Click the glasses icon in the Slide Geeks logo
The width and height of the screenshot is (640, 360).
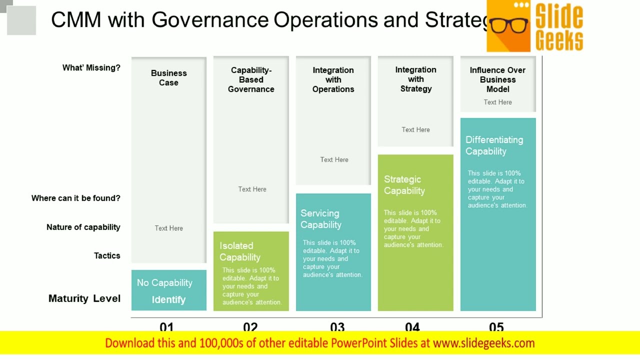point(509,24)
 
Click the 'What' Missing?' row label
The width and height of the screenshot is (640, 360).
point(91,67)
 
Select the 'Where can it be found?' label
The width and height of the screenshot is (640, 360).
point(76,198)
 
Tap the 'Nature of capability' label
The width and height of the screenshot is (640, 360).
point(83,227)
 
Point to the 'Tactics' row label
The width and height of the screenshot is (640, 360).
point(107,255)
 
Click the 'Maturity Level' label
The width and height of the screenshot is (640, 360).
point(84,298)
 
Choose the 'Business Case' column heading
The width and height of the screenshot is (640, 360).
point(168,77)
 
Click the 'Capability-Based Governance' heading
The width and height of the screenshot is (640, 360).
point(251,79)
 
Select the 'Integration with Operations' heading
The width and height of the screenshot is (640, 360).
point(333,79)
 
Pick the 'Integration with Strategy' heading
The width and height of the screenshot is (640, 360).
point(415,79)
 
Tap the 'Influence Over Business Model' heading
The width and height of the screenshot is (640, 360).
point(497,79)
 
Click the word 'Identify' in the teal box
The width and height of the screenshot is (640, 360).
point(168,299)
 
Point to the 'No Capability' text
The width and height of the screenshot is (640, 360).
point(164,282)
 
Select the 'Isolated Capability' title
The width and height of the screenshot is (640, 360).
point(240,251)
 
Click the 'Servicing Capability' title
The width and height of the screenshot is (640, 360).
point(321,219)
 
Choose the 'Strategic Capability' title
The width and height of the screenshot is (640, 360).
point(404,185)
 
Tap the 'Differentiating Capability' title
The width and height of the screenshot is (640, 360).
point(494,145)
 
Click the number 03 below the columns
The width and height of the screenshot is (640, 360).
point(337,327)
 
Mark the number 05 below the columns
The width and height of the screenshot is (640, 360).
point(496,327)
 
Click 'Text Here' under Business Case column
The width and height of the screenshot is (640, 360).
point(168,228)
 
